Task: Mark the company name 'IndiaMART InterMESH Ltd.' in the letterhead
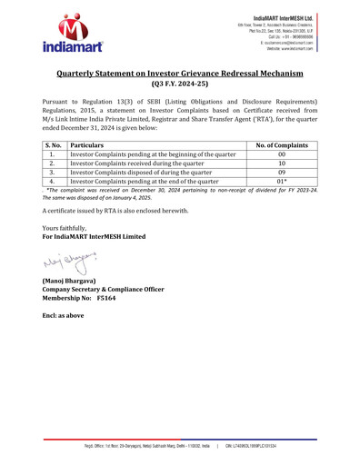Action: tap(304, 16)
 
